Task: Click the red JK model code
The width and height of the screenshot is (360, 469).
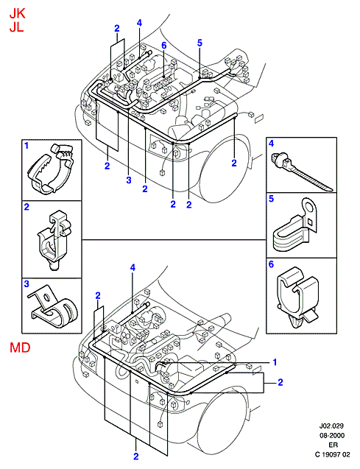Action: (x=17, y=14)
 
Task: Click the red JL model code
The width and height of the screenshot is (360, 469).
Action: (x=16, y=27)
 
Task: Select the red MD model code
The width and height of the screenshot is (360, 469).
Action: (x=20, y=348)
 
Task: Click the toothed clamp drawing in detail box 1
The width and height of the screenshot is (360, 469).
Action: (x=52, y=169)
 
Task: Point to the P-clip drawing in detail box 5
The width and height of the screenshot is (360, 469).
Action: (x=296, y=227)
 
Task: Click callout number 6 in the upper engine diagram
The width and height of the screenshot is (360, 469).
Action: (x=164, y=46)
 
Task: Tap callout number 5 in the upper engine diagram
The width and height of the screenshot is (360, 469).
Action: (x=200, y=43)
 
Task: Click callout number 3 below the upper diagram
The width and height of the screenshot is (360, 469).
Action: (x=129, y=180)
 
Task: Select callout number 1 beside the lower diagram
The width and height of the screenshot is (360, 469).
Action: (x=275, y=362)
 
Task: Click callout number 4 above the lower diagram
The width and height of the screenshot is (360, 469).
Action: (x=133, y=268)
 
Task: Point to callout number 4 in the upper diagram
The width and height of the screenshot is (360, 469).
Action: (x=139, y=23)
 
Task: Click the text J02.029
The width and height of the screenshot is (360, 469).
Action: (x=331, y=426)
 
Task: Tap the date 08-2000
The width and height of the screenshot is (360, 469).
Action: (x=331, y=436)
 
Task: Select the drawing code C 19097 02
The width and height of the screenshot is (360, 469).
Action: (x=332, y=455)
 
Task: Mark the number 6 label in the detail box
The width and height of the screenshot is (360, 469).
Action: (x=271, y=264)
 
